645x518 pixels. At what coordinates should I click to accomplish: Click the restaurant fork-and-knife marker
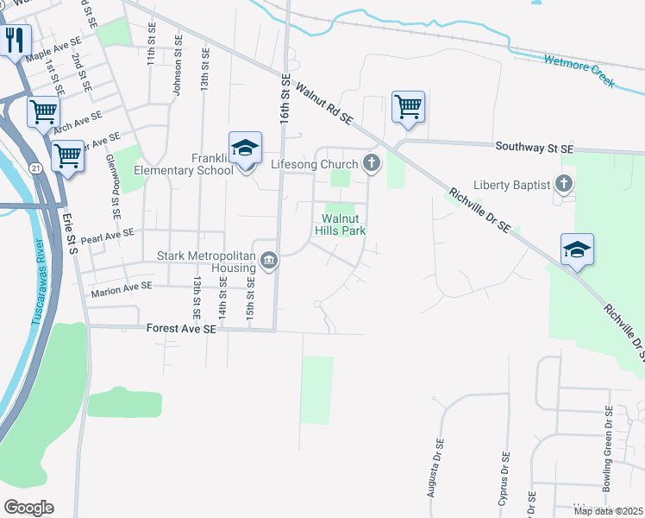[16, 40]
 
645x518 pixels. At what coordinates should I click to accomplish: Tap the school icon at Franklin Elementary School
[245, 148]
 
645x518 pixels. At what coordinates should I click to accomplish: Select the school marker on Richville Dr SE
[577, 250]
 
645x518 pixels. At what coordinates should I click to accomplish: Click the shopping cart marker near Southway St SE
[409, 107]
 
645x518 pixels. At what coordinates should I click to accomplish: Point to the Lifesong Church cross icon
[372, 163]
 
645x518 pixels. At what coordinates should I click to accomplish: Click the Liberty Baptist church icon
[563, 184]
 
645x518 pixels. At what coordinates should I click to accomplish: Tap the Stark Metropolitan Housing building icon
[268, 261]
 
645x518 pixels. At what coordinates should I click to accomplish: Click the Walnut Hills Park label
[344, 224]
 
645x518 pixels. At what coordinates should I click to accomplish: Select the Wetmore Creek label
[579, 72]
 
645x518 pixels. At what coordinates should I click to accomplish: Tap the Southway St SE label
[534, 148]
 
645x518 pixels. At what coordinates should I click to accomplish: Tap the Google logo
[28, 508]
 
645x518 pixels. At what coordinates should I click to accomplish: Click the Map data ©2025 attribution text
[607, 511]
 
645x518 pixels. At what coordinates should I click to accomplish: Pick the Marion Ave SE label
[121, 292]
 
